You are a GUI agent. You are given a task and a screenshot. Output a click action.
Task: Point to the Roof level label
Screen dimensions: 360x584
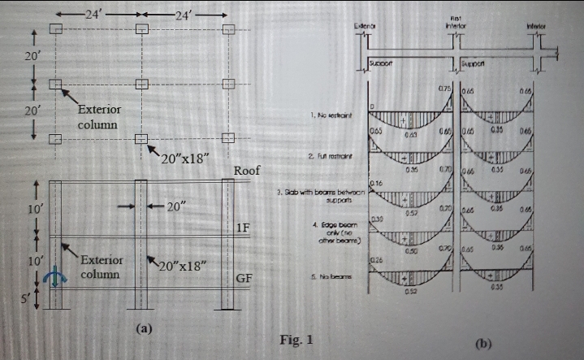click(x=246, y=171)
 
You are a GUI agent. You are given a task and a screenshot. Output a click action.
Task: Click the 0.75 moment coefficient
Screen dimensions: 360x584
click(x=444, y=87)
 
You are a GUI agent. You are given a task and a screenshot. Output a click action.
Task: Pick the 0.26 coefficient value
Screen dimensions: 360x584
click(x=376, y=258)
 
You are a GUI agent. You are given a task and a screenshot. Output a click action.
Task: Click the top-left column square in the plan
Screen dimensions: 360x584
click(x=55, y=29)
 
